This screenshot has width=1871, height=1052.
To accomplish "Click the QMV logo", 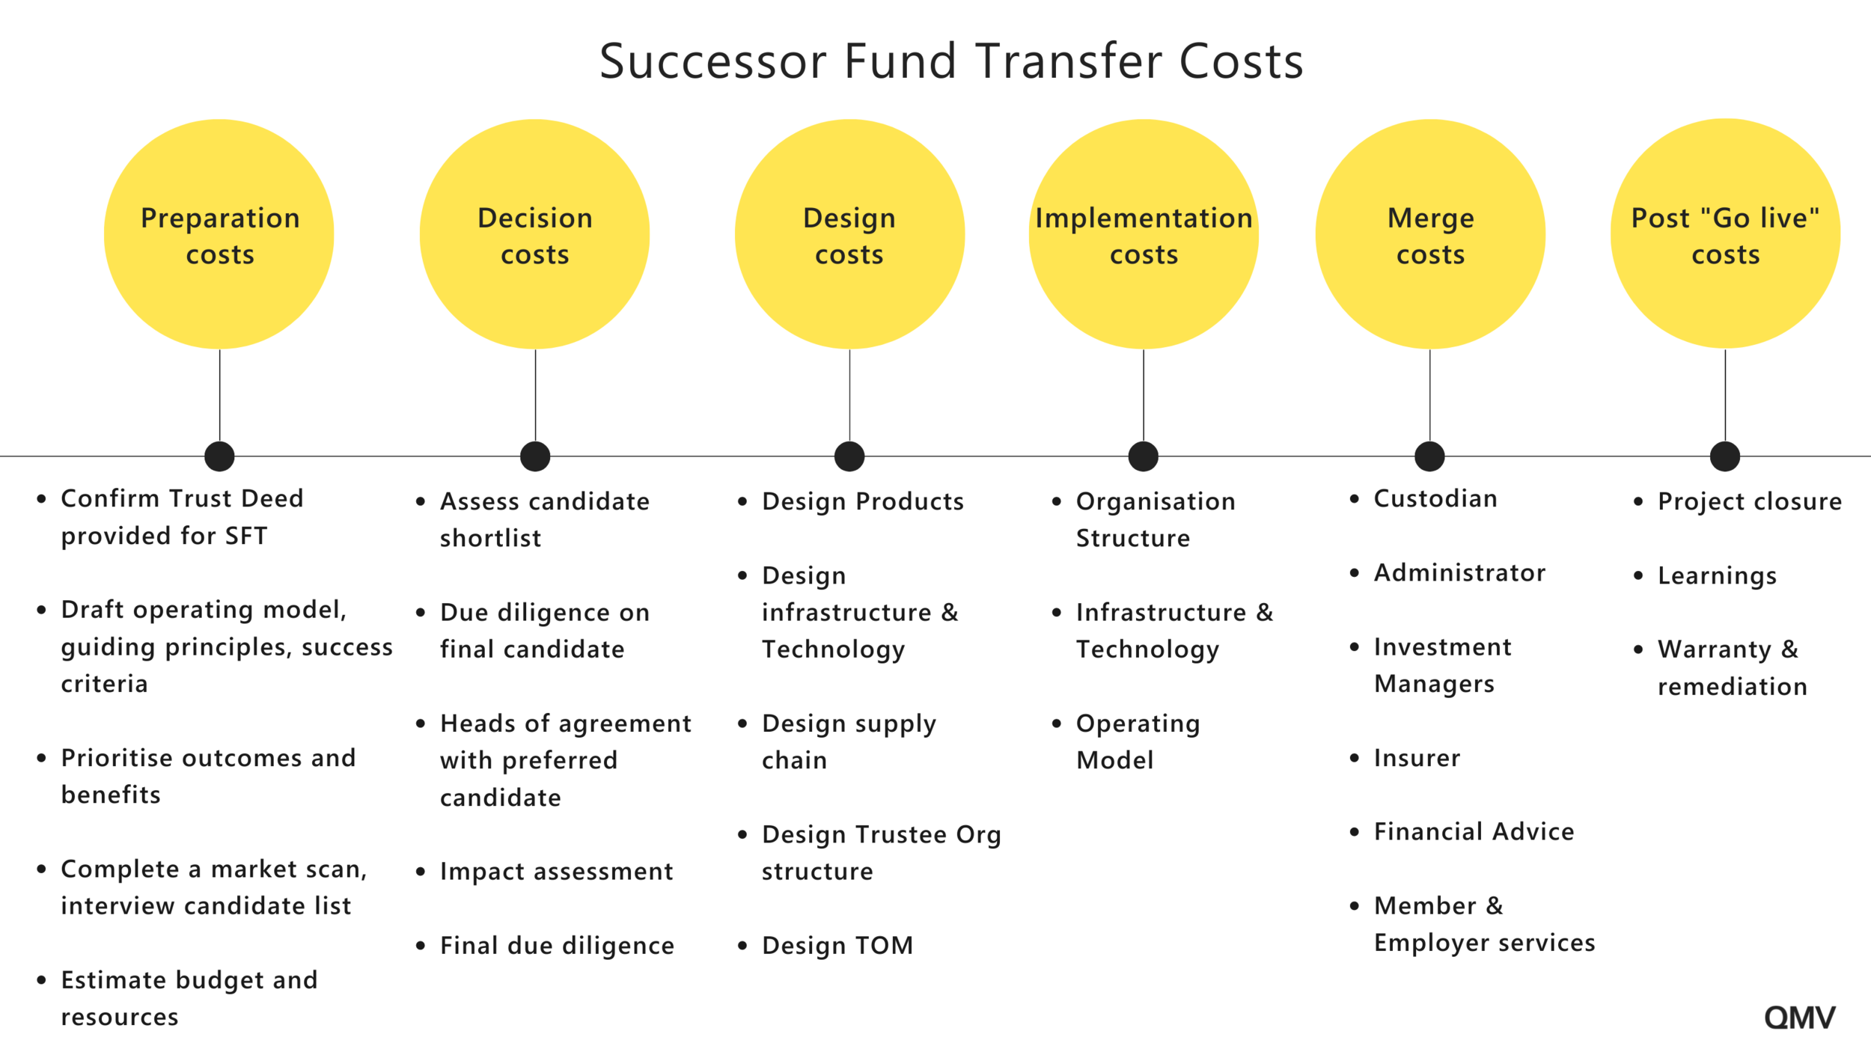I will (1799, 1018).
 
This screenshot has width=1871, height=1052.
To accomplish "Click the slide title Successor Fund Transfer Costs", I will (951, 61).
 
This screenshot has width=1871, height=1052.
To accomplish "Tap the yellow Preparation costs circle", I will (219, 234).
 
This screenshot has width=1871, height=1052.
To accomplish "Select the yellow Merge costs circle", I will (1430, 234).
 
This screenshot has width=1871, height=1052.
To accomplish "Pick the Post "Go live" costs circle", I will (1725, 234).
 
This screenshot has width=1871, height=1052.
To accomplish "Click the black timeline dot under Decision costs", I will (535, 456).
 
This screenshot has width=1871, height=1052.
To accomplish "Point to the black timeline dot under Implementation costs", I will (1144, 456).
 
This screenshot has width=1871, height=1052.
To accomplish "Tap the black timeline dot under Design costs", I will (849, 456).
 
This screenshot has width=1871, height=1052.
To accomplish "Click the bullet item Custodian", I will (1435, 498).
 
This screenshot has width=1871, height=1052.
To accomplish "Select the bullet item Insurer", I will (1416, 758).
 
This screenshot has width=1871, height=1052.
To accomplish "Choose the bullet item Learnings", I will (1717, 575).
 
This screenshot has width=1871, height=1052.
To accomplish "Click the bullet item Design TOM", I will (837, 946).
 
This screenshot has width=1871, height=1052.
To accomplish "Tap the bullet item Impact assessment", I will (556, 872).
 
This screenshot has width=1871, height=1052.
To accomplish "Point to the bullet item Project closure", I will (1749, 501).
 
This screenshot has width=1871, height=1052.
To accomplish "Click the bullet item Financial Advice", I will (1474, 831).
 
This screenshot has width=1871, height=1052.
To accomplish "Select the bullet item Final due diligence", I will (557, 946).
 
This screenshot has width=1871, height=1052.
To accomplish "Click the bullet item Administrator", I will (1459, 572).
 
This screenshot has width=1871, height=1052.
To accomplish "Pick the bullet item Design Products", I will (862, 501).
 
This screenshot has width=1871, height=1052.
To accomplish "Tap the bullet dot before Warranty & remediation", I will (1638, 649).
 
